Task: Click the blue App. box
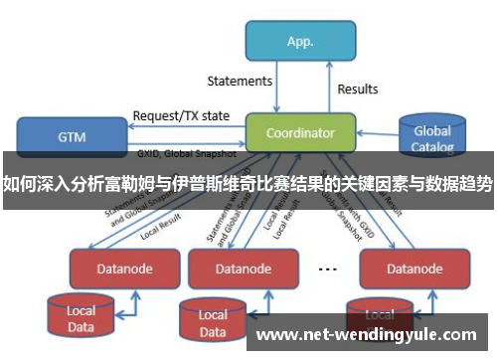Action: [x=300, y=41]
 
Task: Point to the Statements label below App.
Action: [x=240, y=81]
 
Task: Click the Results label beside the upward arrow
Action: [x=358, y=90]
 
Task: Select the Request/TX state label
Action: [x=181, y=115]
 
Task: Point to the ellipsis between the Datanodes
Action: [x=327, y=268]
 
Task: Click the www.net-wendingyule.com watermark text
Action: [x=367, y=334]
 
